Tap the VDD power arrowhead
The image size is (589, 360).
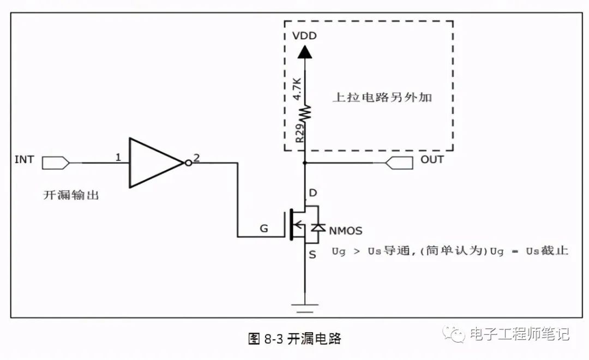pos(305,52)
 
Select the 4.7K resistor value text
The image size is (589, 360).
pos(298,88)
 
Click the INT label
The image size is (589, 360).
pos(24,160)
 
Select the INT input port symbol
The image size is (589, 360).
pos(56,163)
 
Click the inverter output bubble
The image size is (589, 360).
pos(188,163)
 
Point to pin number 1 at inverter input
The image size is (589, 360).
pos(118,158)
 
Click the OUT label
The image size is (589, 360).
pos(432,160)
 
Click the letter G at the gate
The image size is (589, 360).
pos(263,229)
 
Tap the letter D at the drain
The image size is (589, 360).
pos(312,193)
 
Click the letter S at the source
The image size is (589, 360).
pos(312,254)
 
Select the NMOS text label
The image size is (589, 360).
pos(345,230)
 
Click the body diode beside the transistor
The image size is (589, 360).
pos(318,227)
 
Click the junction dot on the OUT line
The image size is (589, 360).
pos(305,163)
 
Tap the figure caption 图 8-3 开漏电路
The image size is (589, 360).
pos(294,339)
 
